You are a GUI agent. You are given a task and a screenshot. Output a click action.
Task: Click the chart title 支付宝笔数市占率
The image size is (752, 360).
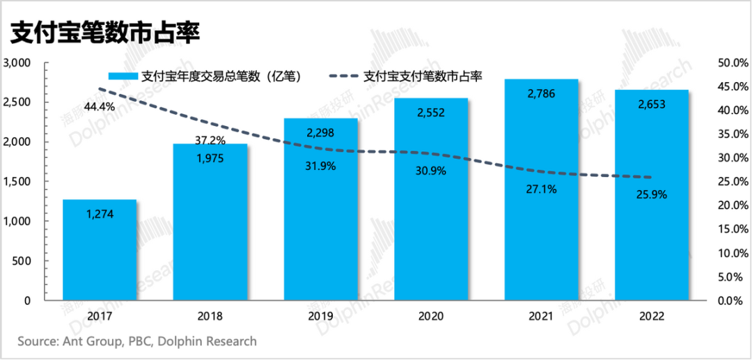[104, 33]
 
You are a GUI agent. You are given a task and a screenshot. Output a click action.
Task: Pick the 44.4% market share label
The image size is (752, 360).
[100, 107]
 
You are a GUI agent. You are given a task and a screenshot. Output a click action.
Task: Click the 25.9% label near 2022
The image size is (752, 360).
[651, 195]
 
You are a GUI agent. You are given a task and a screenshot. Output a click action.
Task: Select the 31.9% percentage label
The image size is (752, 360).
[321, 166]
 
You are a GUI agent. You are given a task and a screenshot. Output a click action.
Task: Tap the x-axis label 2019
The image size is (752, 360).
[321, 317]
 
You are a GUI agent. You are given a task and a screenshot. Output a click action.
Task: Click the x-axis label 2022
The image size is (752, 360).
[651, 317]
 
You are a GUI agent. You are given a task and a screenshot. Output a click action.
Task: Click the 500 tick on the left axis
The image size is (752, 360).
[23, 261]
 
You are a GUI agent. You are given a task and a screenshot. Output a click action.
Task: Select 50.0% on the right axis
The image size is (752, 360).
[731, 63]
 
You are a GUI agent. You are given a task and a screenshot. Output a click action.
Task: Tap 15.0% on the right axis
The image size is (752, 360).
[731, 229]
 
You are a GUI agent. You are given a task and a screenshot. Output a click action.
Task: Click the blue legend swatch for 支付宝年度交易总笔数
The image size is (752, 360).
[123, 77]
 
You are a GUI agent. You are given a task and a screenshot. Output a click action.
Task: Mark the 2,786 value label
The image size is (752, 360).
[542, 93]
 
